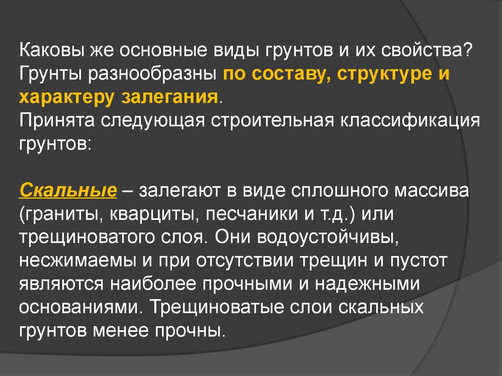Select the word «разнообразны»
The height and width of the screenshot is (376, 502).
(x=153, y=74)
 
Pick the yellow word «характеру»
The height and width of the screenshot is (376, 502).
(x=66, y=97)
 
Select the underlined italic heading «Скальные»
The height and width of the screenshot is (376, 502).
(x=68, y=190)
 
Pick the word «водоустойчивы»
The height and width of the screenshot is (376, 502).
(x=328, y=237)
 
